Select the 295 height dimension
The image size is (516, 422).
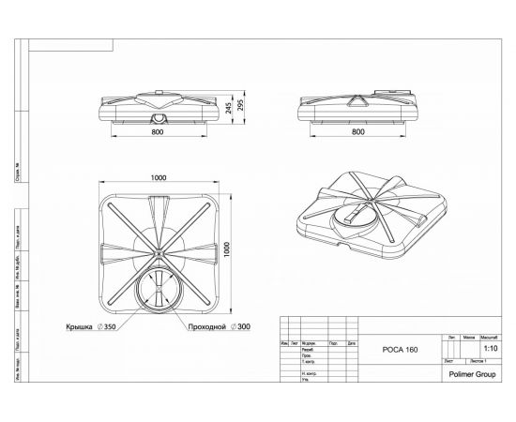[x=251, y=104]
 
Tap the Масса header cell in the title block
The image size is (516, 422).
[x=469, y=337]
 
